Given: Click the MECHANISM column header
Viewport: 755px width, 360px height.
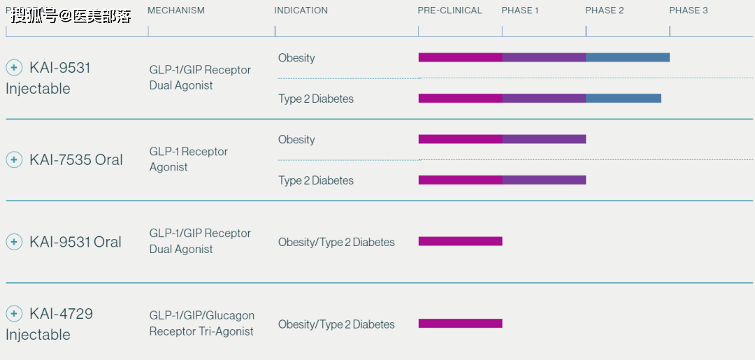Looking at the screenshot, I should [176, 10].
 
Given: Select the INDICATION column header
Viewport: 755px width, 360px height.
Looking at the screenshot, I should [301, 10].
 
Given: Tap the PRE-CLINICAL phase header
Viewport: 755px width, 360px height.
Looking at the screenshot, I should [450, 10].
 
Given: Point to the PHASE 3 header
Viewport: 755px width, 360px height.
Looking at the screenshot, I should [688, 10].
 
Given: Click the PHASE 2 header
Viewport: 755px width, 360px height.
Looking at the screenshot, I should [604, 10].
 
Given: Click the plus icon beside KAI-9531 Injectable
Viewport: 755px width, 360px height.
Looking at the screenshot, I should [14, 67].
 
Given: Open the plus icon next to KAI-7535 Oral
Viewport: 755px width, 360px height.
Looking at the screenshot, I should [14, 159].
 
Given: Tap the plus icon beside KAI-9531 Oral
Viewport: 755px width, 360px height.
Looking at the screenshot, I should [14, 242].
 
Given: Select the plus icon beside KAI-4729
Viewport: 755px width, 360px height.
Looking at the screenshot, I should [14, 313].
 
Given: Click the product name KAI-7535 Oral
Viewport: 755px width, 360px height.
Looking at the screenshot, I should [75, 160].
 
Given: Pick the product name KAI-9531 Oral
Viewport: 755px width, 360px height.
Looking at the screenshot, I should [75, 242].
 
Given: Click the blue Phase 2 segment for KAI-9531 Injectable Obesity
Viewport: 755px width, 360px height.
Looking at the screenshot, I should [627, 57].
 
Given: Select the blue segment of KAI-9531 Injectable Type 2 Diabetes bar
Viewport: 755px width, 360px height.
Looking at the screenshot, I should [623, 98].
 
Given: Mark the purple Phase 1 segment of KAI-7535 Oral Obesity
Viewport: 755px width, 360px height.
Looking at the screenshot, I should [544, 139].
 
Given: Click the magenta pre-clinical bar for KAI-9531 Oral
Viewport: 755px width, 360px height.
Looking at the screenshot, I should [460, 241].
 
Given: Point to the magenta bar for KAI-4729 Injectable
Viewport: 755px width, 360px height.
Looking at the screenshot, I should [460, 323].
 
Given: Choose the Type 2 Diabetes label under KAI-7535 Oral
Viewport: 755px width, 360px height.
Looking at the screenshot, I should [316, 180].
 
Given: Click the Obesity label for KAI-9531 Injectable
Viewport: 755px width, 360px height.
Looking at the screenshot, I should [296, 58].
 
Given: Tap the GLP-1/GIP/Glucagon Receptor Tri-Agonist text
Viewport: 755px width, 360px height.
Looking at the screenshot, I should [201, 324].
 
